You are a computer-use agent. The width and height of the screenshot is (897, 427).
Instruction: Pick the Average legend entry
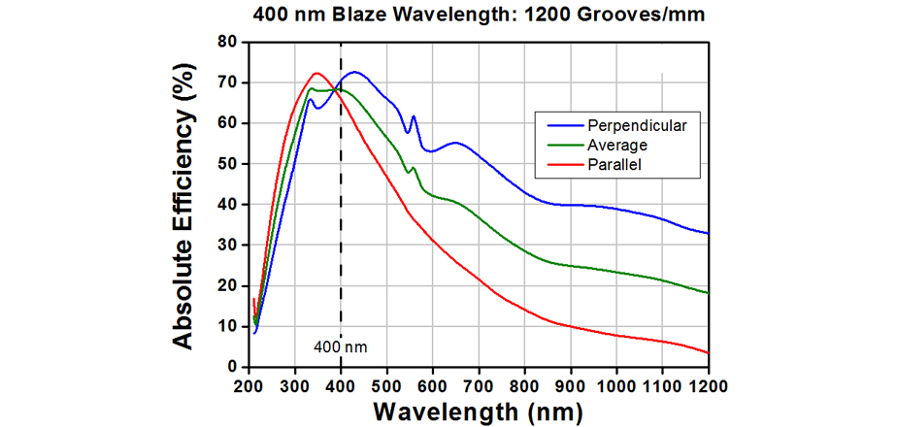point(616,145)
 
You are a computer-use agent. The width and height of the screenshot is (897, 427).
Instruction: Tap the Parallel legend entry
point(615,165)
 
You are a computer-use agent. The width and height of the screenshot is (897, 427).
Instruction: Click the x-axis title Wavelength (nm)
point(479,411)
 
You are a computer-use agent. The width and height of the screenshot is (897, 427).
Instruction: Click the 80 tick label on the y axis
point(227,42)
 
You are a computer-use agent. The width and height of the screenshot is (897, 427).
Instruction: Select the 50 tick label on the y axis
point(227,164)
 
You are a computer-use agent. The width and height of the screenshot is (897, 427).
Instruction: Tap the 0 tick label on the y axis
point(233,367)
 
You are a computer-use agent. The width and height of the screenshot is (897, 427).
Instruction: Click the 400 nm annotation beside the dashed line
point(342,345)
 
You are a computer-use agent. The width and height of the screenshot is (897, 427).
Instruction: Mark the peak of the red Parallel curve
point(316,73)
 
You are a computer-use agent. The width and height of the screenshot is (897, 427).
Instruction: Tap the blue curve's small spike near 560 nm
point(414,116)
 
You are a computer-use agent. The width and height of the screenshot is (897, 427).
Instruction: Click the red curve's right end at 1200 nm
point(708,352)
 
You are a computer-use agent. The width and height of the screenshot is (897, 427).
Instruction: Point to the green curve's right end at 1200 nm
point(708,293)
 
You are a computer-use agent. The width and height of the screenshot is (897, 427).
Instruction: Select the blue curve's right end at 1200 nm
point(708,233)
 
